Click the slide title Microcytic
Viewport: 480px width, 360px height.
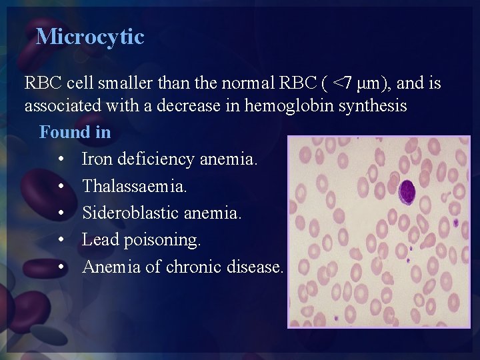tap(90, 36)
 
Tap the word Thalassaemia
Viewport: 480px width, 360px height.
tap(135, 187)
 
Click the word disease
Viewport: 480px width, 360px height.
tap(259, 267)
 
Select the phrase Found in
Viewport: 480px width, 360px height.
tap(75, 132)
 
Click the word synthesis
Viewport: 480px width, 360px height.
tap(373, 106)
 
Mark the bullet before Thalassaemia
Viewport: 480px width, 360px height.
tap(61, 187)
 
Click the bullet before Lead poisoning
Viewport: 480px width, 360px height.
tap(61, 240)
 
